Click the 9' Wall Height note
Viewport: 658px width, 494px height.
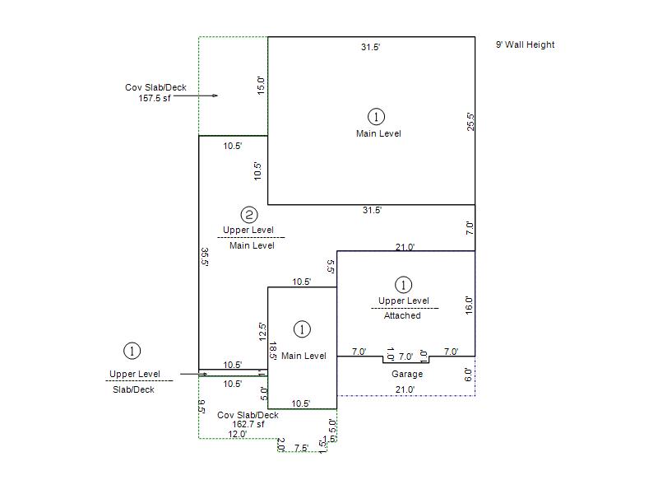click(525, 44)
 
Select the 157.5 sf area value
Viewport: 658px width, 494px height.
click(155, 98)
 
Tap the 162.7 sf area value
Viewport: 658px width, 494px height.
click(248, 424)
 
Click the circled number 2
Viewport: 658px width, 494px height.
click(249, 215)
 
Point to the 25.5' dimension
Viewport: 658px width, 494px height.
click(470, 122)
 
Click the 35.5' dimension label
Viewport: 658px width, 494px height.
click(204, 257)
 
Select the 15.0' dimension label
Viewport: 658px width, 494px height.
click(261, 86)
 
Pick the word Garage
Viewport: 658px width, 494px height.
click(407, 374)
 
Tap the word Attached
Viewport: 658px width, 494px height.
click(402, 315)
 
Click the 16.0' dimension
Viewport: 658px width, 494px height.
click(469, 305)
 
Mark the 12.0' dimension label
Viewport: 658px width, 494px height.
click(238, 435)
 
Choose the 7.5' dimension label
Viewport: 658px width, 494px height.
click(301, 448)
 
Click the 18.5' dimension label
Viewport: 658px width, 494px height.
click(272, 351)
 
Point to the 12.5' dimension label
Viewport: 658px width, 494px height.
click(262, 332)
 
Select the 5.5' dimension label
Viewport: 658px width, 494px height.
click(331, 267)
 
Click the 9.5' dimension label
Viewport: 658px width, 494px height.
click(202, 407)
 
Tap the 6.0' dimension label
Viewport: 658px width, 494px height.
click(468, 375)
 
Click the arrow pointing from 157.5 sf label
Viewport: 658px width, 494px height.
click(196, 96)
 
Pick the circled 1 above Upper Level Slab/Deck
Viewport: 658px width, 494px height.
click(132, 351)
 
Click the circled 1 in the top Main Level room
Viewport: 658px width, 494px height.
click(376, 117)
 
